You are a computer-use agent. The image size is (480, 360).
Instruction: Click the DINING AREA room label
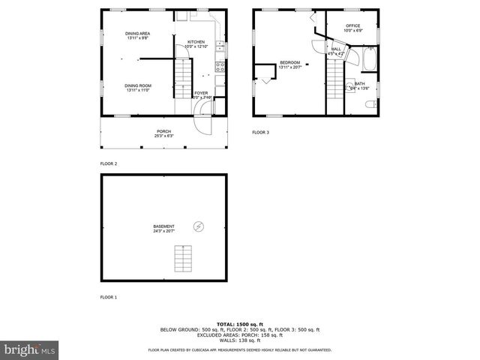tap(138, 34)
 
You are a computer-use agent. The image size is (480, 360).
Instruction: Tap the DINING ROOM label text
tap(138, 85)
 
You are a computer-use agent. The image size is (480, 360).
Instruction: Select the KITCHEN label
tap(196, 42)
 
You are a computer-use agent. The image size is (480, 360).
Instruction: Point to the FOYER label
tap(201, 93)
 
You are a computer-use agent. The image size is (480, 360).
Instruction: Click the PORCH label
tap(163, 132)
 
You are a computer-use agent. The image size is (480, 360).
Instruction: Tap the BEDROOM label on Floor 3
tap(289, 62)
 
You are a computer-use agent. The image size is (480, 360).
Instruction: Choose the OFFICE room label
tap(353, 26)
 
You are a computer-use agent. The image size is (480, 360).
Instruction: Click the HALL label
tap(335, 49)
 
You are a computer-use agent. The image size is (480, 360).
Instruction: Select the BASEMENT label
tap(163, 226)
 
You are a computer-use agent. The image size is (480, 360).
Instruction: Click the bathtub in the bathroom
tap(370, 58)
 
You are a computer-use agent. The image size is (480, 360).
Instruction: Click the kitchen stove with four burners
tap(220, 67)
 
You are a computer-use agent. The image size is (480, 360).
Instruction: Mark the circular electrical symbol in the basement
tap(199, 225)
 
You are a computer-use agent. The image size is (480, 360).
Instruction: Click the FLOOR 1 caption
tap(109, 298)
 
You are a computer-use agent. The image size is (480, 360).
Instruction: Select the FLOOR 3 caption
tap(260, 132)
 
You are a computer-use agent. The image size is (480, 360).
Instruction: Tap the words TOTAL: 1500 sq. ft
tap(240, 323)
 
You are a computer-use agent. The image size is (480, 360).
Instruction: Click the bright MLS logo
tap(29, 350)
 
